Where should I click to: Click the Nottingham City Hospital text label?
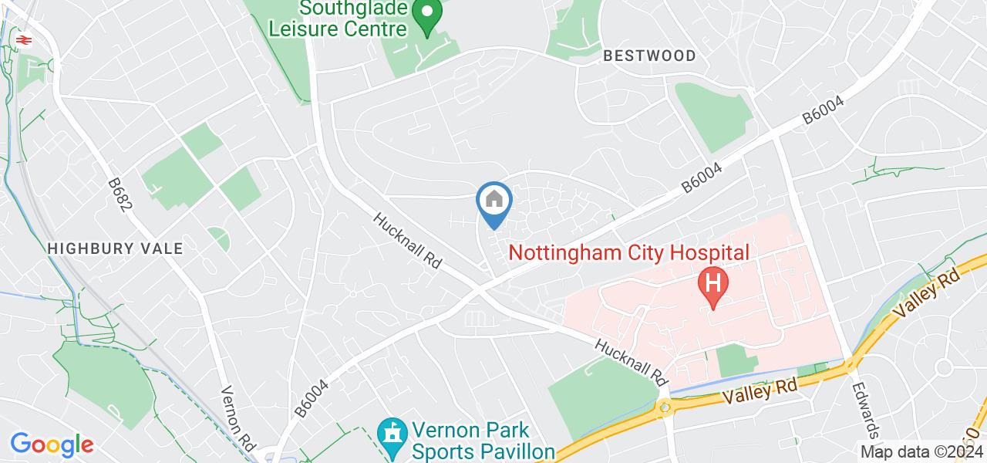[x=628, y=252]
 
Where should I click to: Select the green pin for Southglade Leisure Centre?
[x=426, y=15]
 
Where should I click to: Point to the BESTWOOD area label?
[x=649, y=56]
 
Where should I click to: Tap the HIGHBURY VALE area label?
[x=115, y=248]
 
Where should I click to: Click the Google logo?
[x=52, y=444]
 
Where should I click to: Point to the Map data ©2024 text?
[x=921, y=451]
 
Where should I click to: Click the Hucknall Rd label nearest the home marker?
[x=406, y=240]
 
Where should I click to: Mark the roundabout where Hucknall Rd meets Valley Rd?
[x=664, y=407]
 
